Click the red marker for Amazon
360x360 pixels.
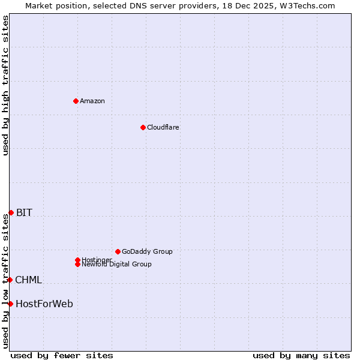tap(76, 101)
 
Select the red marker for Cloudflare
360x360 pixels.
tap(143, 127)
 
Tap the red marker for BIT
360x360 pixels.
tap(11, 212)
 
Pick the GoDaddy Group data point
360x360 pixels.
tap(118, 251)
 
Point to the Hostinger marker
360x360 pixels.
tap(77, 260)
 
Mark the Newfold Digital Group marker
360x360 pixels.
tap(77, 264)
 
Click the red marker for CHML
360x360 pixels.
tap(10, 280)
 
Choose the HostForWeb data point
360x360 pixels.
tap(10, 304)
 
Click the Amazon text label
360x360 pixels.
tap(92, 101)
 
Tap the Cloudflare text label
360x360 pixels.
tap(163, 127)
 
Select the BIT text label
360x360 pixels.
tap(24, 212)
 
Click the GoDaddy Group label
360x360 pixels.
tap(147, 251)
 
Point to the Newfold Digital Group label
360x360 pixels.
tap(117, 265)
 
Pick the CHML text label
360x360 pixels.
tap(28, 280)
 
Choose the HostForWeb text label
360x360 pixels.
tap(44, 304)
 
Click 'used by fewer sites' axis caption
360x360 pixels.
tap(62, 355)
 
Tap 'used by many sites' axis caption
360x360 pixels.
tap(301, 355)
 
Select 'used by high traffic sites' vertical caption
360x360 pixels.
tap(5, 85)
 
